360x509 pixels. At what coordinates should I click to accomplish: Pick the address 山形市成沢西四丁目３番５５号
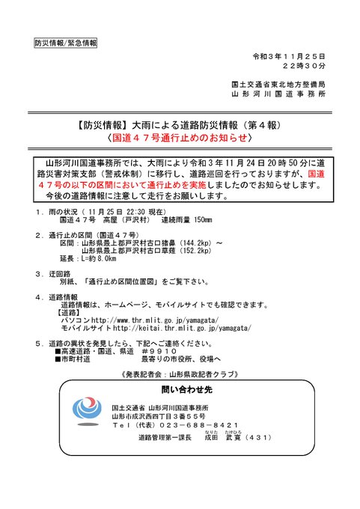158,415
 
